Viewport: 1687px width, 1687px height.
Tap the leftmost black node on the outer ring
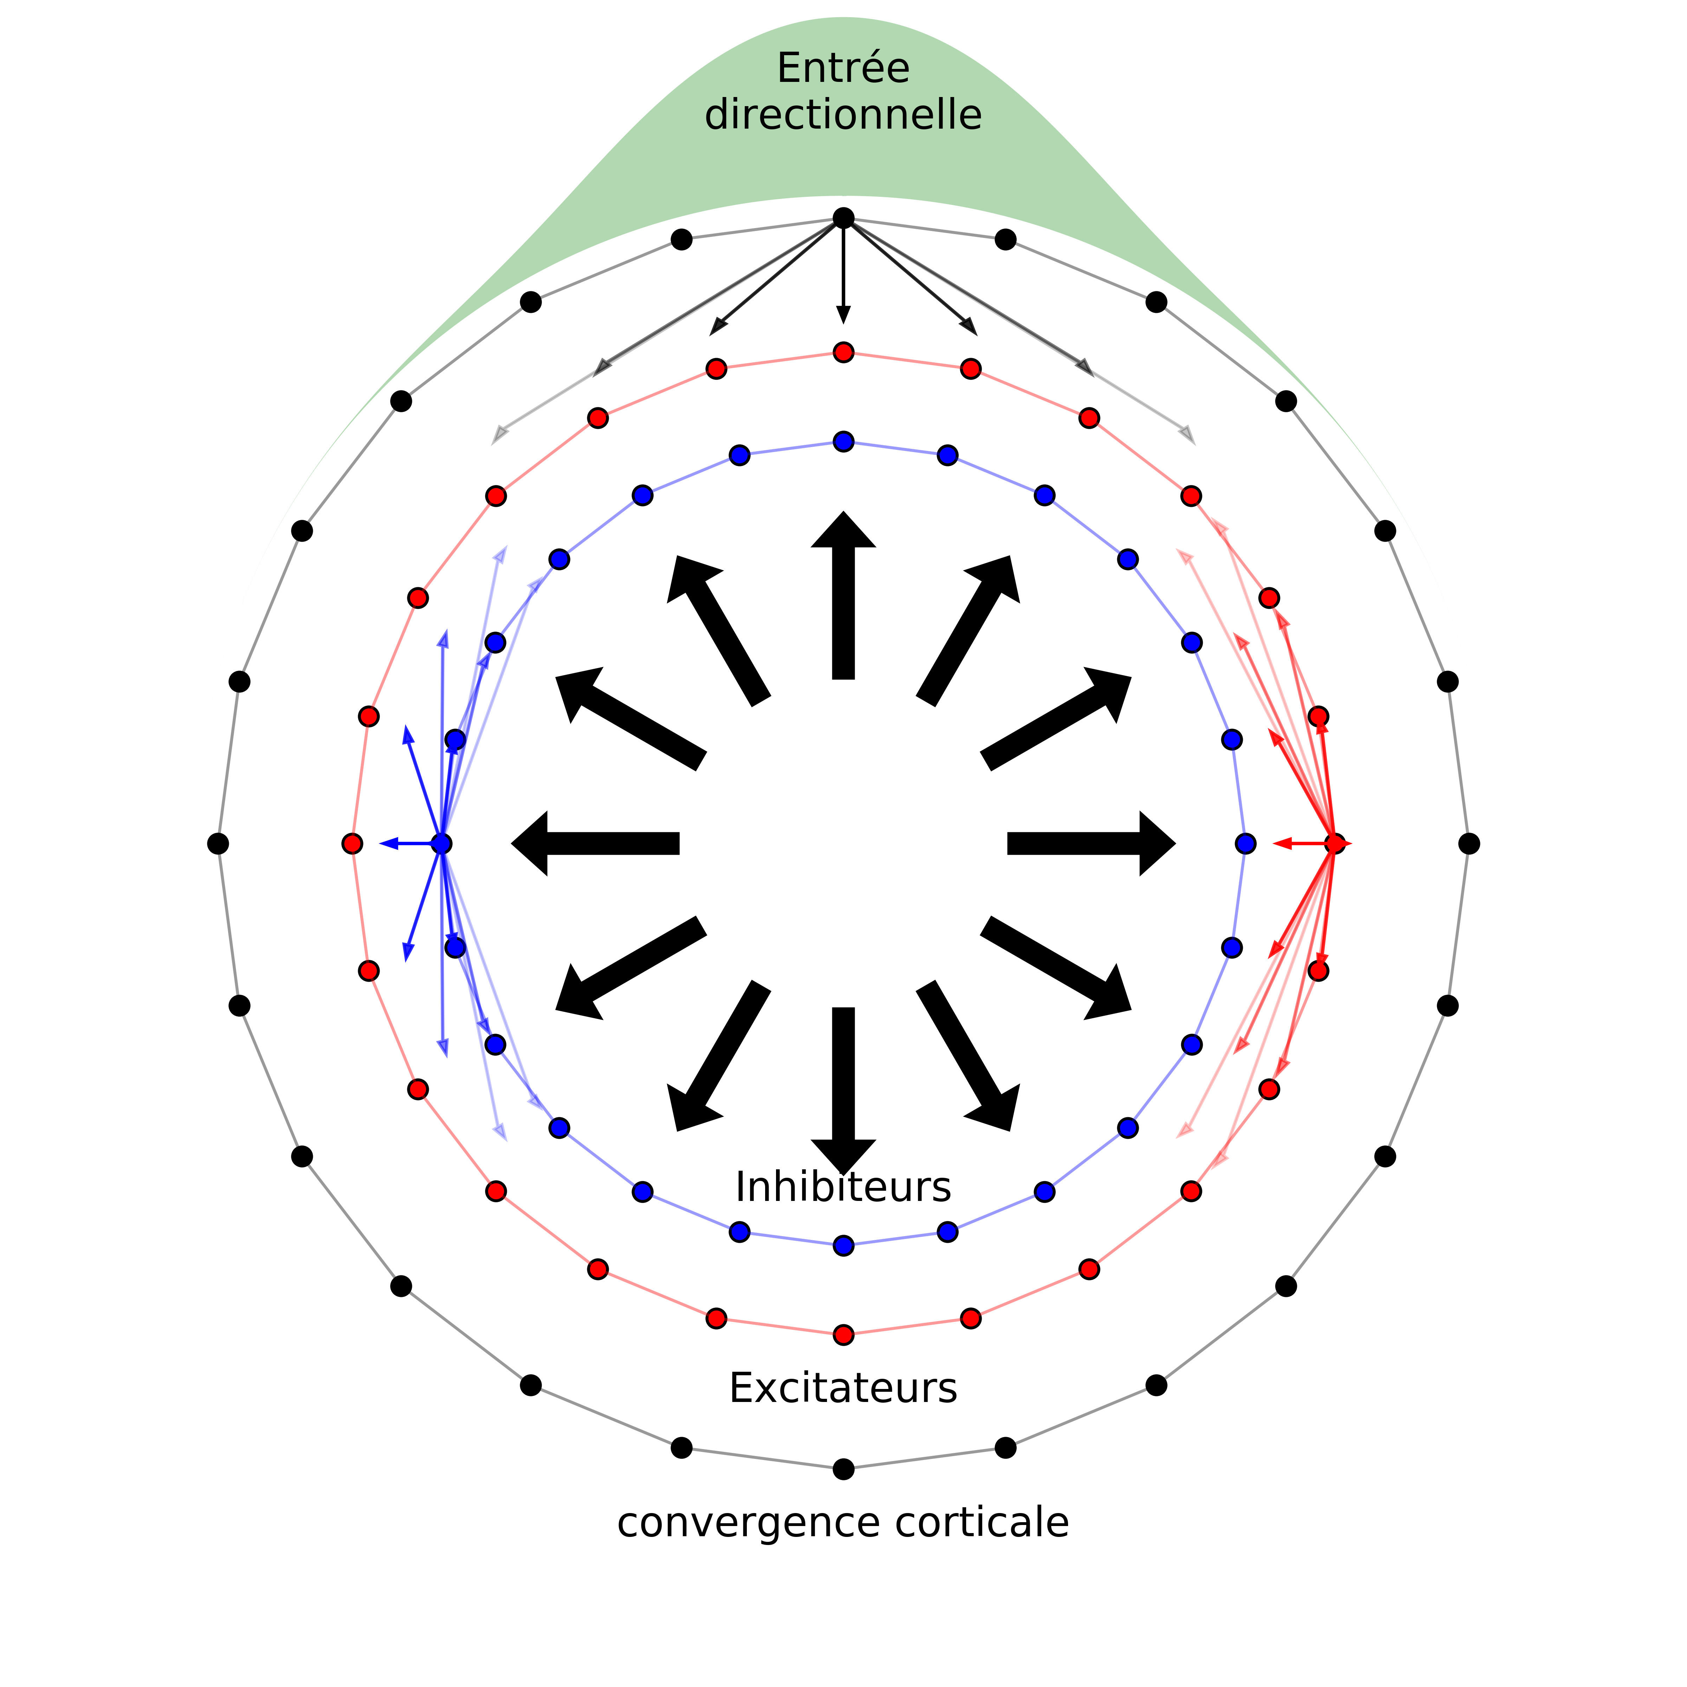pyautogui.click(x=218, y=843)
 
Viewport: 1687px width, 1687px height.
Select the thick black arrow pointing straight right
pyautogui.click(x=1092, y=843)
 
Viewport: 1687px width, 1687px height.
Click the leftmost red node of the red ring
pyautogui.click(x=352, y=843)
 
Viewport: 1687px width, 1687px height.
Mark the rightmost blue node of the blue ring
pyautogui.click(x=1245, y=843)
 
